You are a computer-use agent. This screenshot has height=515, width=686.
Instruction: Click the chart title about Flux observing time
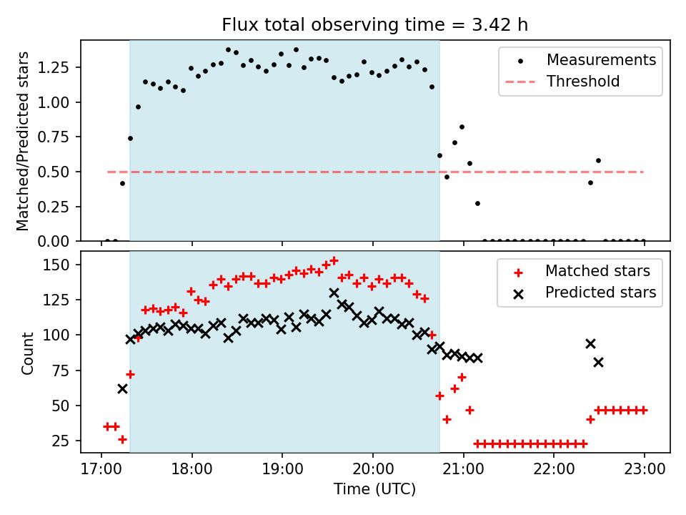coord(375,25)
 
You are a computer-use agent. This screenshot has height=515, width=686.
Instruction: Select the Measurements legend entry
coord(601,60)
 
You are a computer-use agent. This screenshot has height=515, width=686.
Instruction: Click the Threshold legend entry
coord(582,82)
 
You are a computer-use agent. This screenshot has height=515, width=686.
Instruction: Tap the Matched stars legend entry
coord(597,271)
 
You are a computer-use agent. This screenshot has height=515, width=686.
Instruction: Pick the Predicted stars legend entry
coord(600,292)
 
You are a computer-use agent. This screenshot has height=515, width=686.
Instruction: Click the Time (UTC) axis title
coord(374,489)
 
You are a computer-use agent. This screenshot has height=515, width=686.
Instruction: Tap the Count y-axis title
coord(28,353)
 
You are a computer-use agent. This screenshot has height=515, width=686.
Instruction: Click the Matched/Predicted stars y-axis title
coord(24,141)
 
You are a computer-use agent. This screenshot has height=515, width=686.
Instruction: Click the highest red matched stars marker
coord(334,260)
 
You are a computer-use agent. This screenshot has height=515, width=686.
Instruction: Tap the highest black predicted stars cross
coord(334,293)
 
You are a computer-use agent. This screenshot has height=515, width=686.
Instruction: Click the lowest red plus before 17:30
coord(122,439)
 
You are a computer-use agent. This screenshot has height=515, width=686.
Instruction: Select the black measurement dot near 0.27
coord(477,203)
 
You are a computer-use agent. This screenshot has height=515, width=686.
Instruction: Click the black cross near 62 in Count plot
coord(122,388)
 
